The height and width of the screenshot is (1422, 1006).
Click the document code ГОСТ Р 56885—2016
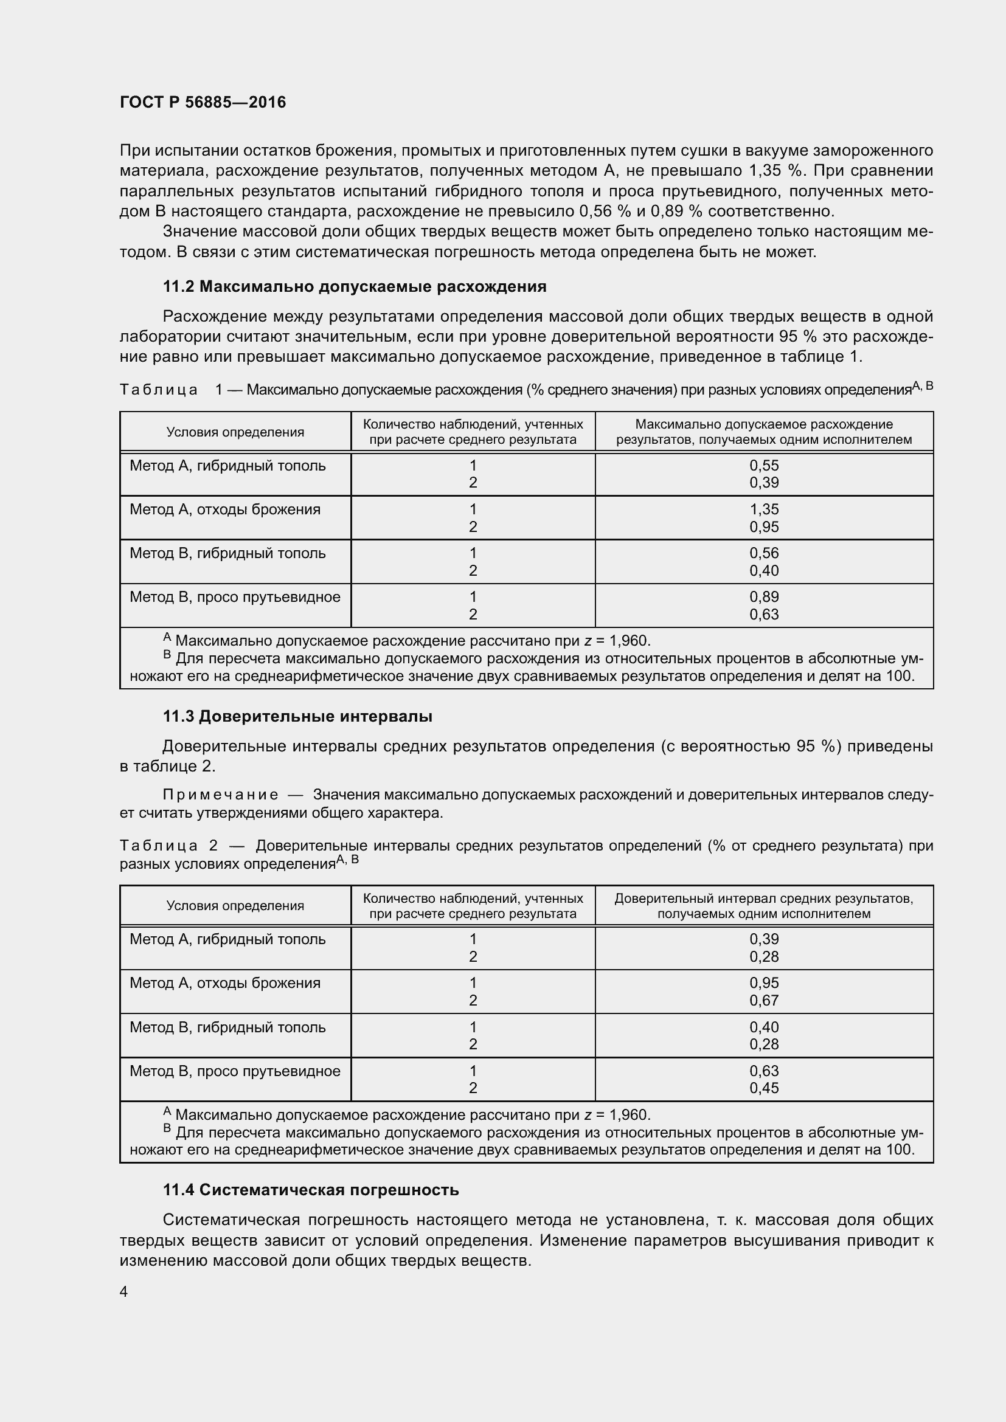pyautogui.click(x=203, y=102)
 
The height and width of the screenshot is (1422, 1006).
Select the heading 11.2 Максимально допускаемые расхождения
pyautogui.click(x=355, y=286)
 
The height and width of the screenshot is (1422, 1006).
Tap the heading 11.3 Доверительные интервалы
pyautogui.click(x=297, y=717)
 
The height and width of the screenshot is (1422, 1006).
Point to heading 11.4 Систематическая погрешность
pyautogui.click(x=310, y=1190)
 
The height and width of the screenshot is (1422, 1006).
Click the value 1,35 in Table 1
pyautogui.click(x=764, y=509)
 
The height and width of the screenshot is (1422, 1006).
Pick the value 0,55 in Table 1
pyautogui.click(x=764, y=465)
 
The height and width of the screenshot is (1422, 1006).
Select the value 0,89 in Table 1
pyautogui.click(x=764, y=597)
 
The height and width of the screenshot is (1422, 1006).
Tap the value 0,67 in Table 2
pyautogui.click(x=764, y=1000)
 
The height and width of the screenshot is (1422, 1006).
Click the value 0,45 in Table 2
pyautogui.click(x=764, y=1088)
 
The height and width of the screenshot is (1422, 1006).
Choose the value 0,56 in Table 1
pyautogui.click(x=764, y=553)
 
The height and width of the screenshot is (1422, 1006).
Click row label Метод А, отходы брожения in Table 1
pyautogui.click(x=225, y=509)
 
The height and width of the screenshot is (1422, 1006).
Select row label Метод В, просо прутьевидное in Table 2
pyautogui.click(x=235, y=1071)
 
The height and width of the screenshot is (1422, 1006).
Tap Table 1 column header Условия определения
pyautogui.click(x=235, y=432)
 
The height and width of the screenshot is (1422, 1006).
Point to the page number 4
pyautogui.click(x=124, y=1292)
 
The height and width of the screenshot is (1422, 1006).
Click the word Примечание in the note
pyautogui.click(x=220, y=795)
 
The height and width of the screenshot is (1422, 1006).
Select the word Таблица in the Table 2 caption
pyautogui.click(x=159, y=846)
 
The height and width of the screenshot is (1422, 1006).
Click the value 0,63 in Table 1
pyautogui.click(x=764, y=615)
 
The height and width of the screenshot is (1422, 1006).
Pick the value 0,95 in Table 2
pyautogui.click(x=764, y=983)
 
